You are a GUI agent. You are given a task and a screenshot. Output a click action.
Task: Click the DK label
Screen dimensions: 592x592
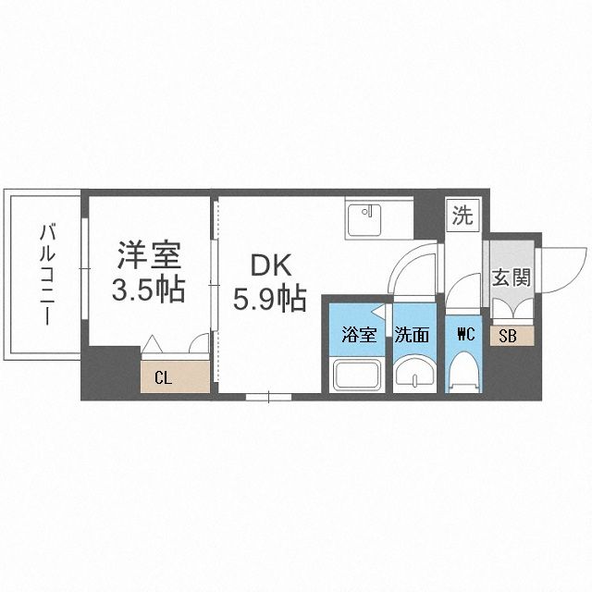[268, 265]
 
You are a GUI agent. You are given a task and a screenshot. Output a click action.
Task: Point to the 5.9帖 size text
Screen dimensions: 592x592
[268, 298]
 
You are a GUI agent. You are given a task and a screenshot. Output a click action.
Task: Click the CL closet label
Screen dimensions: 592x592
[163, 376]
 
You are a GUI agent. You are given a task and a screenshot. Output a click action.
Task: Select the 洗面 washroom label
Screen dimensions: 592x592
[413, 335]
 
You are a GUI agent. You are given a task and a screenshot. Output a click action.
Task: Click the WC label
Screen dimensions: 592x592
[465, 335]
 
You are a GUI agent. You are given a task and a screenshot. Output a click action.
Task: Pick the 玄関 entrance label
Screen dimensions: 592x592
[511, 278]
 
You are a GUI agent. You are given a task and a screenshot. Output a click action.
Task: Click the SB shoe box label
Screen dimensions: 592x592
[508, 336]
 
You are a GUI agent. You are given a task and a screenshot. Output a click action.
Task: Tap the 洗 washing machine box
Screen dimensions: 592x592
[462, 216]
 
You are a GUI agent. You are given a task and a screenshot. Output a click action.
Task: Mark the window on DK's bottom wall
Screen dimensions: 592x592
[268, 397]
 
